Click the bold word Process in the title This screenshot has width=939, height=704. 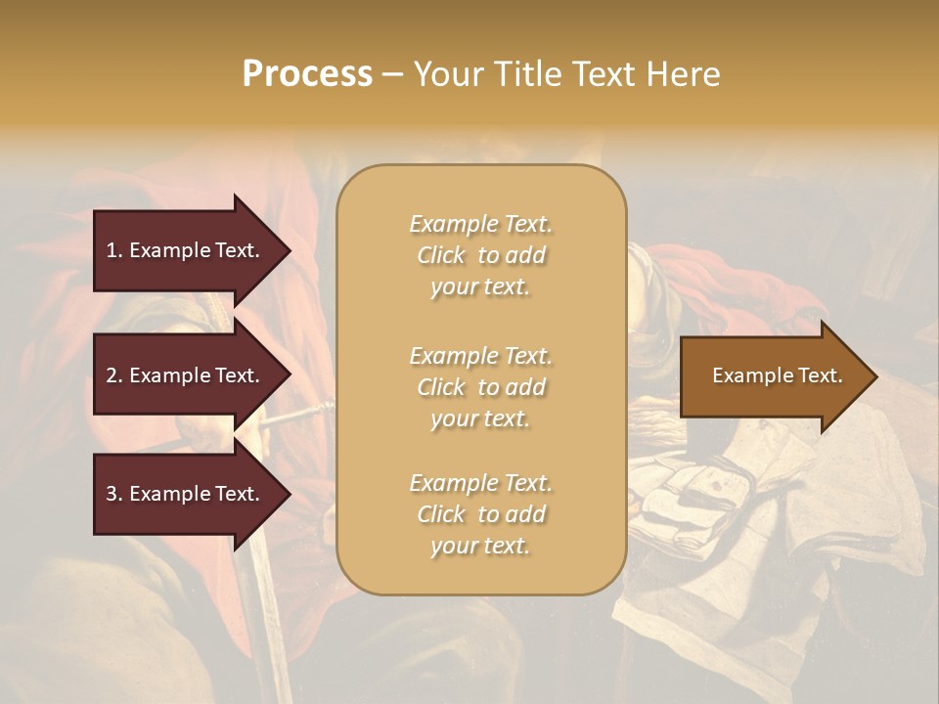click(x=307, y=74)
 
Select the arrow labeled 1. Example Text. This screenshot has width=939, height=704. click(x=186, y=250)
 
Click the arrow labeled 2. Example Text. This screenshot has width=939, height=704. click(x=186, y=375)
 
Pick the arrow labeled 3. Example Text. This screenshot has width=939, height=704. click(x=186, y=494)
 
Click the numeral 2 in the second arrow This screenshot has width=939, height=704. click(x=112, y=375)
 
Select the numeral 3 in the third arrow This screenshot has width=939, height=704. click(x=112, y=494)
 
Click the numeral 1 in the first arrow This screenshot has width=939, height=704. click(x=111, y=250)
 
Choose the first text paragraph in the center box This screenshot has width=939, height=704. click(x=481, y=255)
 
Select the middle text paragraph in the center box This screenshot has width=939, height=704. click(x=481, y=386)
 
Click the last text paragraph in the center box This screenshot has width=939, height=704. click(x=481, y=514)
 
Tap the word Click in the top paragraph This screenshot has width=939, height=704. click(x=441, y=255)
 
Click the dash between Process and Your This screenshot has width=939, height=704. click(x=392, y=75)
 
